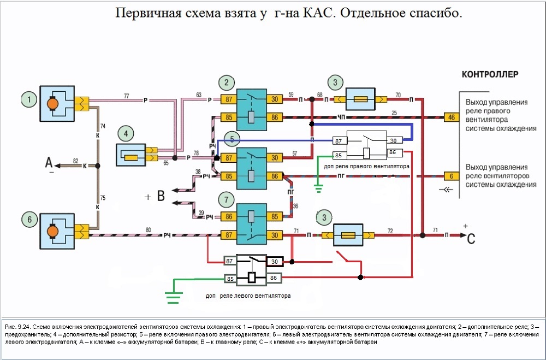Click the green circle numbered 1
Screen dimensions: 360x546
(28, 99)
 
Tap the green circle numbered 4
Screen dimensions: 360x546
(126, 133)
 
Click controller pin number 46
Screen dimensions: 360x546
(451, 117)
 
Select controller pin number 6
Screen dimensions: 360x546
(451, 176)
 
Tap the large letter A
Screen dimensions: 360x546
(49, 162)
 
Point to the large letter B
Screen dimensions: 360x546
(161, 196)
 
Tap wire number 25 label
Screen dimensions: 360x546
(394, 113)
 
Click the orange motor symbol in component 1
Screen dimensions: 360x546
(53, 104)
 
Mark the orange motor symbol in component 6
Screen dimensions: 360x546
(53, 232)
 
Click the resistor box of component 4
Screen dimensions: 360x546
(131, 157)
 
